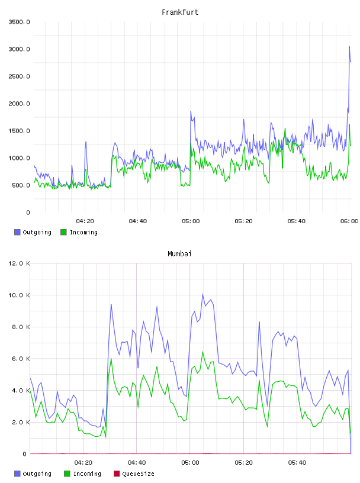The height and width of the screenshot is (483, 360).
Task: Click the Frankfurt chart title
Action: (x=180, y=12)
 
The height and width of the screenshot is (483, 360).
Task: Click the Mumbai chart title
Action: (x=179, y=254)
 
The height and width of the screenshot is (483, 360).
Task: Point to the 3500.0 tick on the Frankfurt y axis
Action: (x=19, y=22)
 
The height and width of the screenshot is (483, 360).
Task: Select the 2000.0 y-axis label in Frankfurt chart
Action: (x=19, y=104)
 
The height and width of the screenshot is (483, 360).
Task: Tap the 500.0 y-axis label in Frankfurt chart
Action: (x=21, y=185)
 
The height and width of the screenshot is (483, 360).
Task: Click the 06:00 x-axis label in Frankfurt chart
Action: (x=349, y=221)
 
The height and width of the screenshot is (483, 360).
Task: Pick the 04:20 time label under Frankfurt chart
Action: (x=85, y=221)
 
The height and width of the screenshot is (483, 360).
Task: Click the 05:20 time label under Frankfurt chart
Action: (x=243, y=221)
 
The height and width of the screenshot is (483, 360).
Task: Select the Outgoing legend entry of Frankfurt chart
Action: (x=33, y=232)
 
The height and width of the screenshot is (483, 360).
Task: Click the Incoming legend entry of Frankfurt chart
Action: (x=79, y=232)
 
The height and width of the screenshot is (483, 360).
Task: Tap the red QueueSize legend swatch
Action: (x=117, y=474)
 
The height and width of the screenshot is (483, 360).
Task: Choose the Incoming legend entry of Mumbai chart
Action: (x=82, y=474)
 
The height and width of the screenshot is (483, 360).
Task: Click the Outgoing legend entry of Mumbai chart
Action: (x=33, y=474)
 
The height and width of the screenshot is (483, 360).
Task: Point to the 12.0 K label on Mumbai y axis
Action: (x=19, y=263)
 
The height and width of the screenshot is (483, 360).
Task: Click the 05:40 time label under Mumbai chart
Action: (x=297, y=463)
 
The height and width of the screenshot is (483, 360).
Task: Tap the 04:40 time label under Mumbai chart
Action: (x=137, y=463)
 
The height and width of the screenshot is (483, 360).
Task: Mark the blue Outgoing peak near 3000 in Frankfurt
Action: (x=349, y=47)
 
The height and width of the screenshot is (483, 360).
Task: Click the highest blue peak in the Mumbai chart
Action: (x=203, y=294)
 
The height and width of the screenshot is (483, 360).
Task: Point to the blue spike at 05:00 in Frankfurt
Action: (x=191, y=112)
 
